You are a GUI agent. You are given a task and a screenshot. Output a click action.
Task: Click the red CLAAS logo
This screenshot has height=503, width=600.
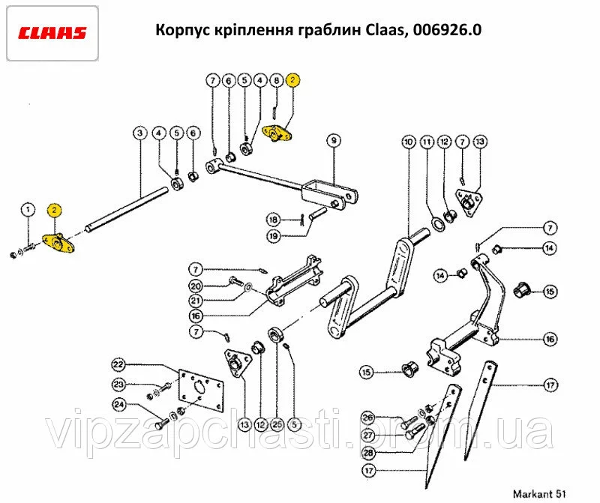(x=52, y=33)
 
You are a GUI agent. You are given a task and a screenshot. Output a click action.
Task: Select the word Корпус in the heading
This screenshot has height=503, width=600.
(x=180, y=31)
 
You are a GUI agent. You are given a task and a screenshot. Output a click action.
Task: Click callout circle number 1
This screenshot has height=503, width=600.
(x=28, y=208)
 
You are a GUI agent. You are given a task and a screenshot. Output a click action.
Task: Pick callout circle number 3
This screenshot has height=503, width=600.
(x=139, y=133)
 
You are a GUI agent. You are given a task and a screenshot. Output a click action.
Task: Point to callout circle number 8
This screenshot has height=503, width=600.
(x=276, y=79)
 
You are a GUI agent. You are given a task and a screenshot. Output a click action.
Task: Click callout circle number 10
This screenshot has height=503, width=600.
(x=408, y=141)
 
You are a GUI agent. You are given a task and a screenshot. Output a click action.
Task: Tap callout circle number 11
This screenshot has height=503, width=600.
(x=427, y=141)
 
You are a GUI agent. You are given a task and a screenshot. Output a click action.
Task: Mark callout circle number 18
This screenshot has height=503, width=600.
(x=274, y=219)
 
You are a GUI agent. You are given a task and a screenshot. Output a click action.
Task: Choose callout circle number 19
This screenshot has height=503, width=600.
(x=274, y=236)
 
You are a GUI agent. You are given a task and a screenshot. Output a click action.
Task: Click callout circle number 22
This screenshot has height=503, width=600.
(x=118, y=365)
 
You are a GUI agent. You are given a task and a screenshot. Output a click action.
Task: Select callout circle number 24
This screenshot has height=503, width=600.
(x=118, y=405)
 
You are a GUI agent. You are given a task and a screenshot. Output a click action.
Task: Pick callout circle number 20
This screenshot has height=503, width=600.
(x=196, y=286)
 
